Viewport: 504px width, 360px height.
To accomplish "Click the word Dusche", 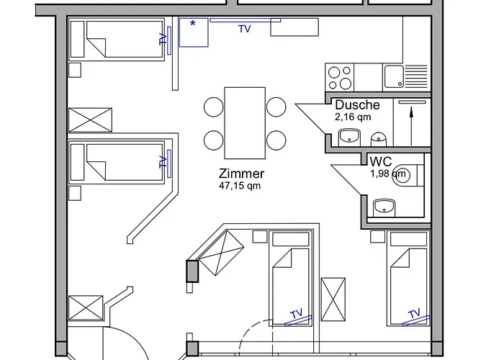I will coord(357,105).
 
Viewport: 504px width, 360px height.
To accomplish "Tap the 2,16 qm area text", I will coord(353,116).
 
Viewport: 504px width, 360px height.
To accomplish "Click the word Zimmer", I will coord(242,174).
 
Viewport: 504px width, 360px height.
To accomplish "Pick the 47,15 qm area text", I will coord(240,185).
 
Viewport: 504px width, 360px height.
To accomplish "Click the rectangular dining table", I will coord(245,123).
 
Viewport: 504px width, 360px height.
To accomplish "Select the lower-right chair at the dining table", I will coord(276,139).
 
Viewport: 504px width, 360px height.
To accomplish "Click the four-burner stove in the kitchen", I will coord(341,76).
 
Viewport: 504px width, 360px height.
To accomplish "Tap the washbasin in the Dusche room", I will coord(350,136).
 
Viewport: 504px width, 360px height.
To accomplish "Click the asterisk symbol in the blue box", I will coord(192,24).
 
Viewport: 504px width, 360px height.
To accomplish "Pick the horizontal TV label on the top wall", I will coord(245,29).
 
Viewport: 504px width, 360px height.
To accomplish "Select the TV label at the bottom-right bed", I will coord(413,314).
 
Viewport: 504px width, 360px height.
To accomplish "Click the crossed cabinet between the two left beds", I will coord(91,119).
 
